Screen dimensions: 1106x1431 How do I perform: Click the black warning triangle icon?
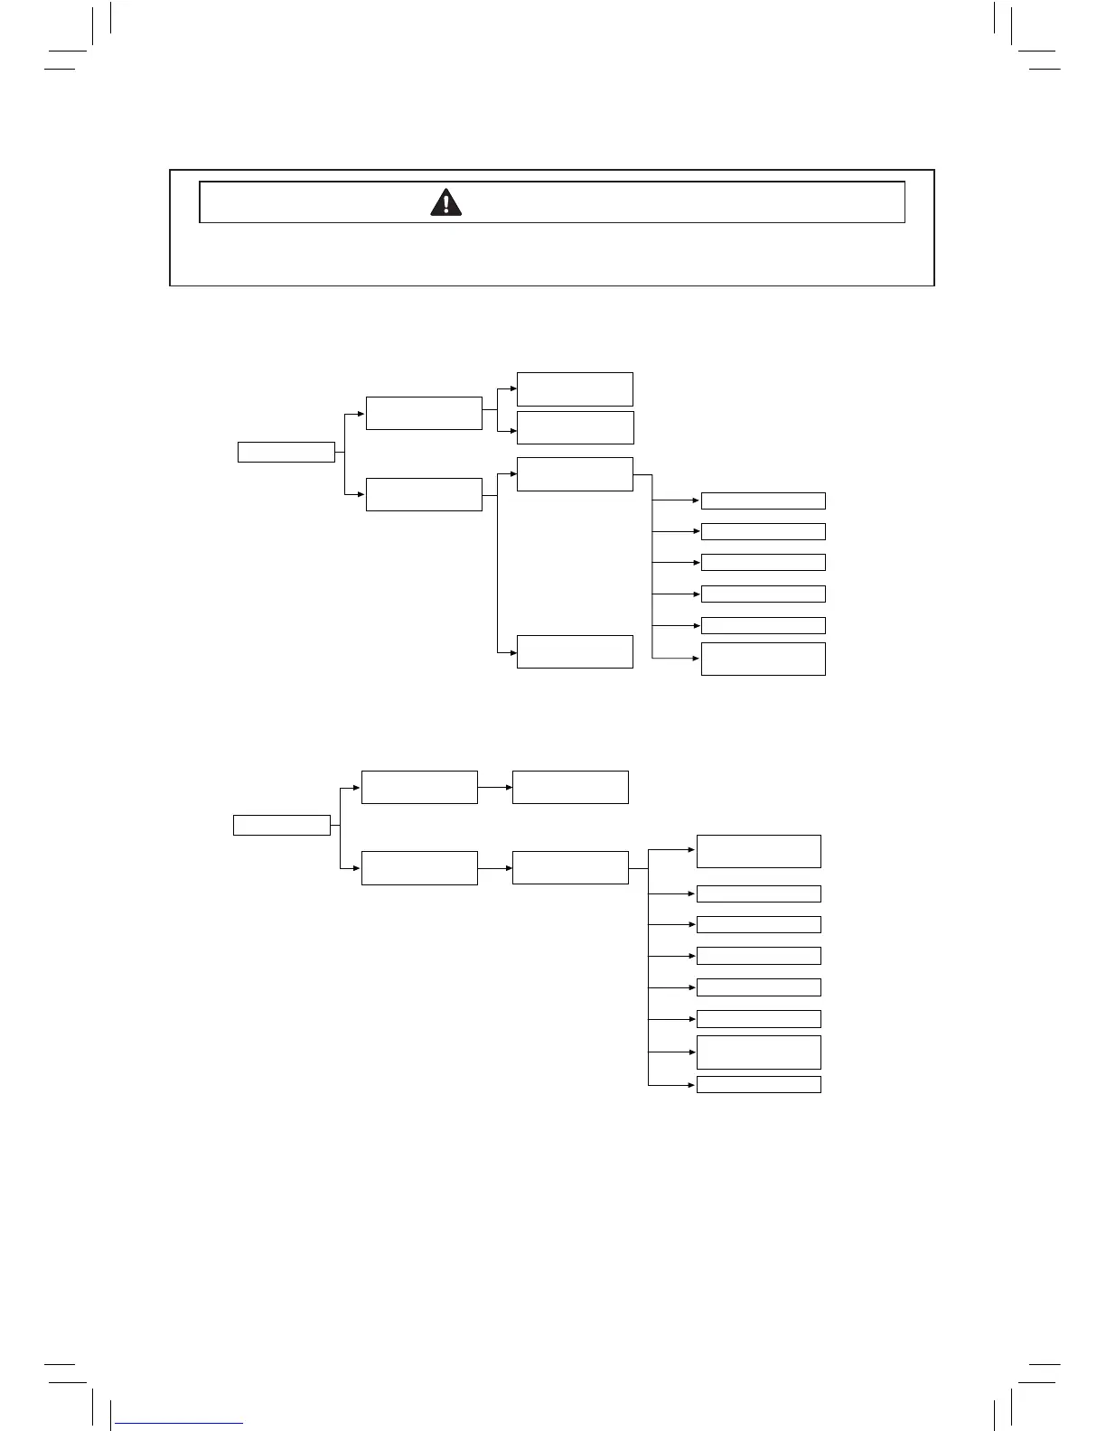point(446,202)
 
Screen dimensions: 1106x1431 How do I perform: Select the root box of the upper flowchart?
point(286,452)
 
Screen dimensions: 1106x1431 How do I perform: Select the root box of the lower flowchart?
point(282,825)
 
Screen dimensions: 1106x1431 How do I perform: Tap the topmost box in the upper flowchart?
point(575,388)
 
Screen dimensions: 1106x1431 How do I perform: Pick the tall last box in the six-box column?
point(763,659)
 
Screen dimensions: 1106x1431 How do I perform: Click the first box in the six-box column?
point(763,500)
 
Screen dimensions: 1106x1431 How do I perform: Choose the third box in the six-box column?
point(763,562)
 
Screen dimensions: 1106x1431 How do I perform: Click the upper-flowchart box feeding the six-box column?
point(575,474)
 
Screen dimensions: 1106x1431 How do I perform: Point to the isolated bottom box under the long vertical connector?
point(575,651)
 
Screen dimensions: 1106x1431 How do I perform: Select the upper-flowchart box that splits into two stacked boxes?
point(424,413)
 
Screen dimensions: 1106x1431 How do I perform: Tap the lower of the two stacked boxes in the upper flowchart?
point(575,427)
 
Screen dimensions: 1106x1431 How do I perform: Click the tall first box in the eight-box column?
point(758,851)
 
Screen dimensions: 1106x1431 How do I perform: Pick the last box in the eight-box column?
point(758,1084)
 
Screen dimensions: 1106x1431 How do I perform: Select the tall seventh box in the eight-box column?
point(758,1052)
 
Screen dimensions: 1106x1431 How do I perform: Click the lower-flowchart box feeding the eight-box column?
point(570,867)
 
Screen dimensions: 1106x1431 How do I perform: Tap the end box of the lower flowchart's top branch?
point(570,787)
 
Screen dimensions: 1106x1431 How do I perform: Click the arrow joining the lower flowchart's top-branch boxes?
point(494,787)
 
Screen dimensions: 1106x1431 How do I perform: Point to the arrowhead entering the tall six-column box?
point(696,659)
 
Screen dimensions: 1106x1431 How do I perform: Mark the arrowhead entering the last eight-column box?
point(691,1084)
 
